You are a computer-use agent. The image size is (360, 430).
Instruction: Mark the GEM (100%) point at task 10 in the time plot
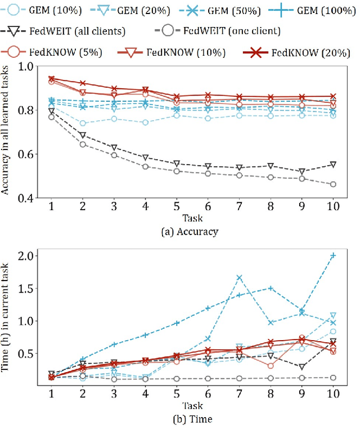[333, 256]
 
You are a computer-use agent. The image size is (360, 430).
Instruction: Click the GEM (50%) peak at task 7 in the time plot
[239, 277]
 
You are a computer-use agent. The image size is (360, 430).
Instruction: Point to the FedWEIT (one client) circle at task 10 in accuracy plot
[333, 184]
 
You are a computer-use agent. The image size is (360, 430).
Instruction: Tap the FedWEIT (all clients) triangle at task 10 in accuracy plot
[333, 165]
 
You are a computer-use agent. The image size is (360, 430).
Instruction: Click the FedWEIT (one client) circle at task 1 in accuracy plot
[51, 116]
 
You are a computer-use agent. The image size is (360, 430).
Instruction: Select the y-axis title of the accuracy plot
[7, 131]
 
